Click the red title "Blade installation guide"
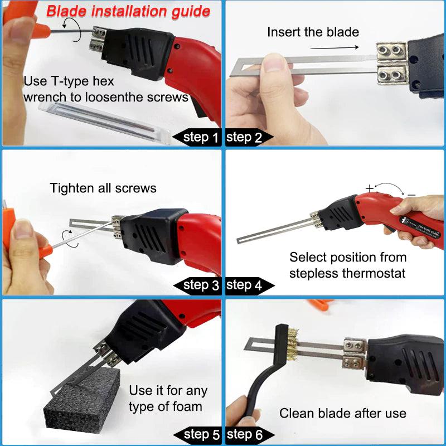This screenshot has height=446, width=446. pos(128,11)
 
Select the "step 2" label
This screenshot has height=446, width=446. pos(244,137)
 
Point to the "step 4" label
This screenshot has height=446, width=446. pos(244,285)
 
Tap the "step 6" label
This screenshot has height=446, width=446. pos(244,435)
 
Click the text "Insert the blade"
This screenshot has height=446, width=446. pos(313,32)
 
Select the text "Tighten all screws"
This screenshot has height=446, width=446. pos(103,188)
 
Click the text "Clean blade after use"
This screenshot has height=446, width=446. pos(342,413)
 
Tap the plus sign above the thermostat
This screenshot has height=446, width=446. pos(370,188)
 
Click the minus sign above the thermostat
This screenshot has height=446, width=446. pos(411,194)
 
